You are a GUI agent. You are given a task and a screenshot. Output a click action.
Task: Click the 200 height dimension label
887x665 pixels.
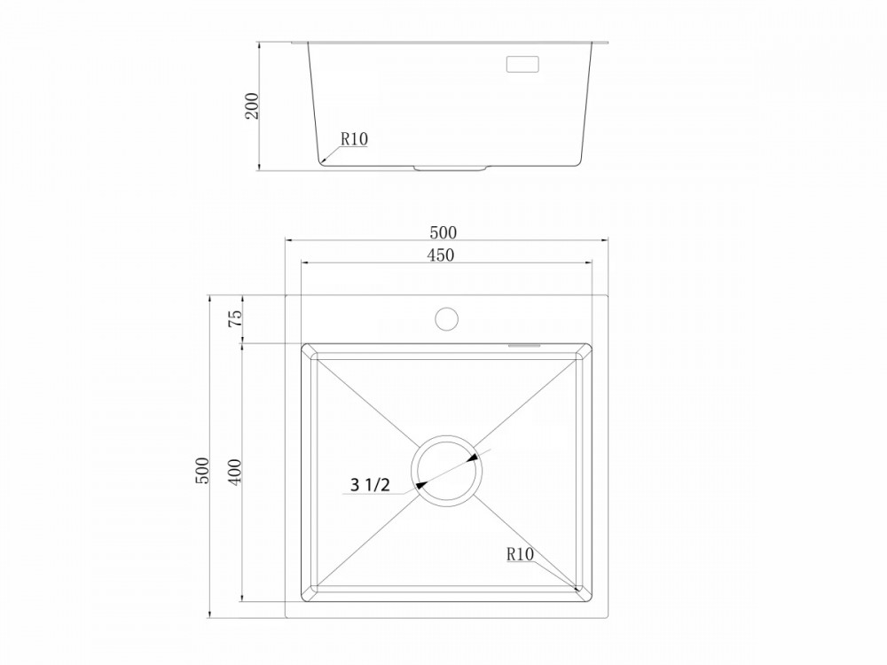253,106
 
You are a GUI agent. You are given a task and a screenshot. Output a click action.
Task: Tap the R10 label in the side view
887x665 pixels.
354,138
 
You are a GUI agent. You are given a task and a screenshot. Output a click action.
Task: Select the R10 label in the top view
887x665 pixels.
520,554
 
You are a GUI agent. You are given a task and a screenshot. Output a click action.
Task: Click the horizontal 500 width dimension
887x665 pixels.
443,232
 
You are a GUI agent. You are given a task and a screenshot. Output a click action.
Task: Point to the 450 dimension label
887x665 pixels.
441,255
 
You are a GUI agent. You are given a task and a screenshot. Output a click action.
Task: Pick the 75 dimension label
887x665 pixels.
235,318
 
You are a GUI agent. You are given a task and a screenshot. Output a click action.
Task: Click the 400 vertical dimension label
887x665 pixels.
235,471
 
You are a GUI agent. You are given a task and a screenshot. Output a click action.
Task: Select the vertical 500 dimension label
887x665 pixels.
202,471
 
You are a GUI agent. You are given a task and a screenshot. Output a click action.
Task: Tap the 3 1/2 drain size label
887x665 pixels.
370,485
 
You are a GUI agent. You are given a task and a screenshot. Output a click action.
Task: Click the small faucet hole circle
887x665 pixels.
447,319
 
